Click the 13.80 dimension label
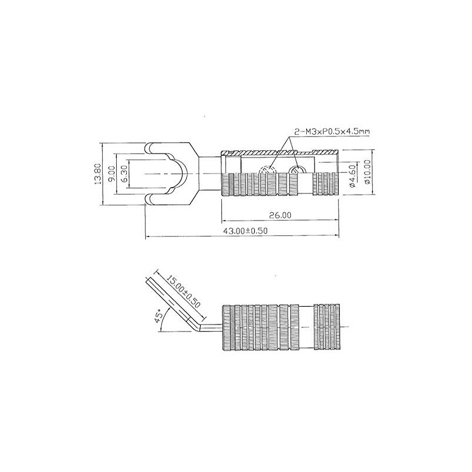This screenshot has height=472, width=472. (97, 174)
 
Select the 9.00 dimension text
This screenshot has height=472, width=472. (112, 174)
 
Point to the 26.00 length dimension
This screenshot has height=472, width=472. (280, 215)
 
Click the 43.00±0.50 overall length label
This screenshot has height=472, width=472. (245, 231)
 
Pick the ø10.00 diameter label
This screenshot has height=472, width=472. (368, 172)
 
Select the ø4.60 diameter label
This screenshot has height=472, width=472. (353, 176)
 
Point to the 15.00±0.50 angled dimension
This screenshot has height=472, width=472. (183, 291)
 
